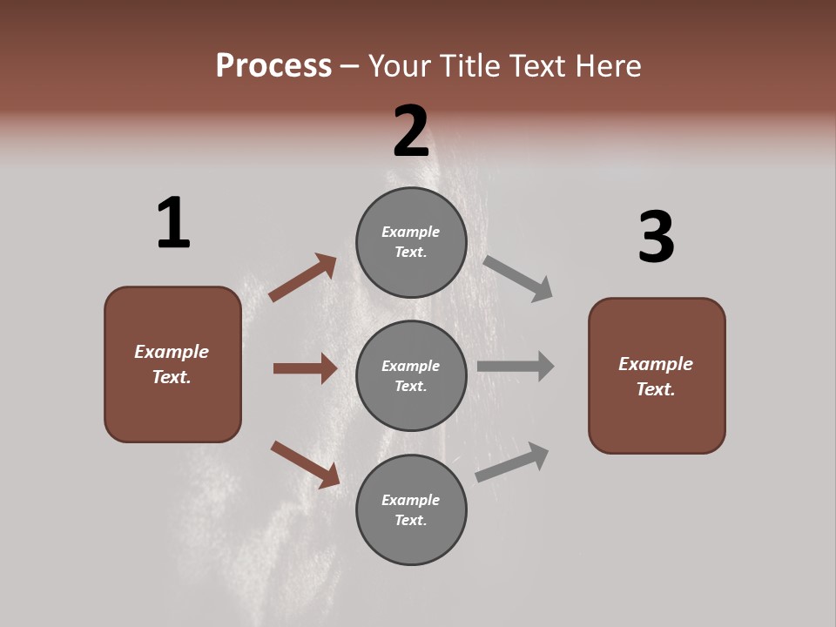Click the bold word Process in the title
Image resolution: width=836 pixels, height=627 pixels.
pyautogui.click(x=273, y=65)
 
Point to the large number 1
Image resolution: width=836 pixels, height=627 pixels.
pyautogui.click(x=172, y=223)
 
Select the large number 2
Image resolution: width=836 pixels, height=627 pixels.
pyautogui.click(x=410, y=131)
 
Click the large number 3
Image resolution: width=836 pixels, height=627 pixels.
pyautogui.click(x=656, y=237)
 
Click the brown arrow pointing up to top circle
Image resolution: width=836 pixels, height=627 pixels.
pyautogui.click(x=302, y=278)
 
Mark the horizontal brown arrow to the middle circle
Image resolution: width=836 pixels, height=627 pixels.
pyautogui.click(x=305, y=368)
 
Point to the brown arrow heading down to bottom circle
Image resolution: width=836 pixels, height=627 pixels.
pyautogui.click(x=305, y=464)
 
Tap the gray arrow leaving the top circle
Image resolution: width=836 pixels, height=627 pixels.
pyautogui.click(x=518, y=279)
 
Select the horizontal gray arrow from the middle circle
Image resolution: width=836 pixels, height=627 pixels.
pyautogui.click(x=516, y=366)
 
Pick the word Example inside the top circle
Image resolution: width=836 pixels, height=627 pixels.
pyautogui.click(x=410, y=232)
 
